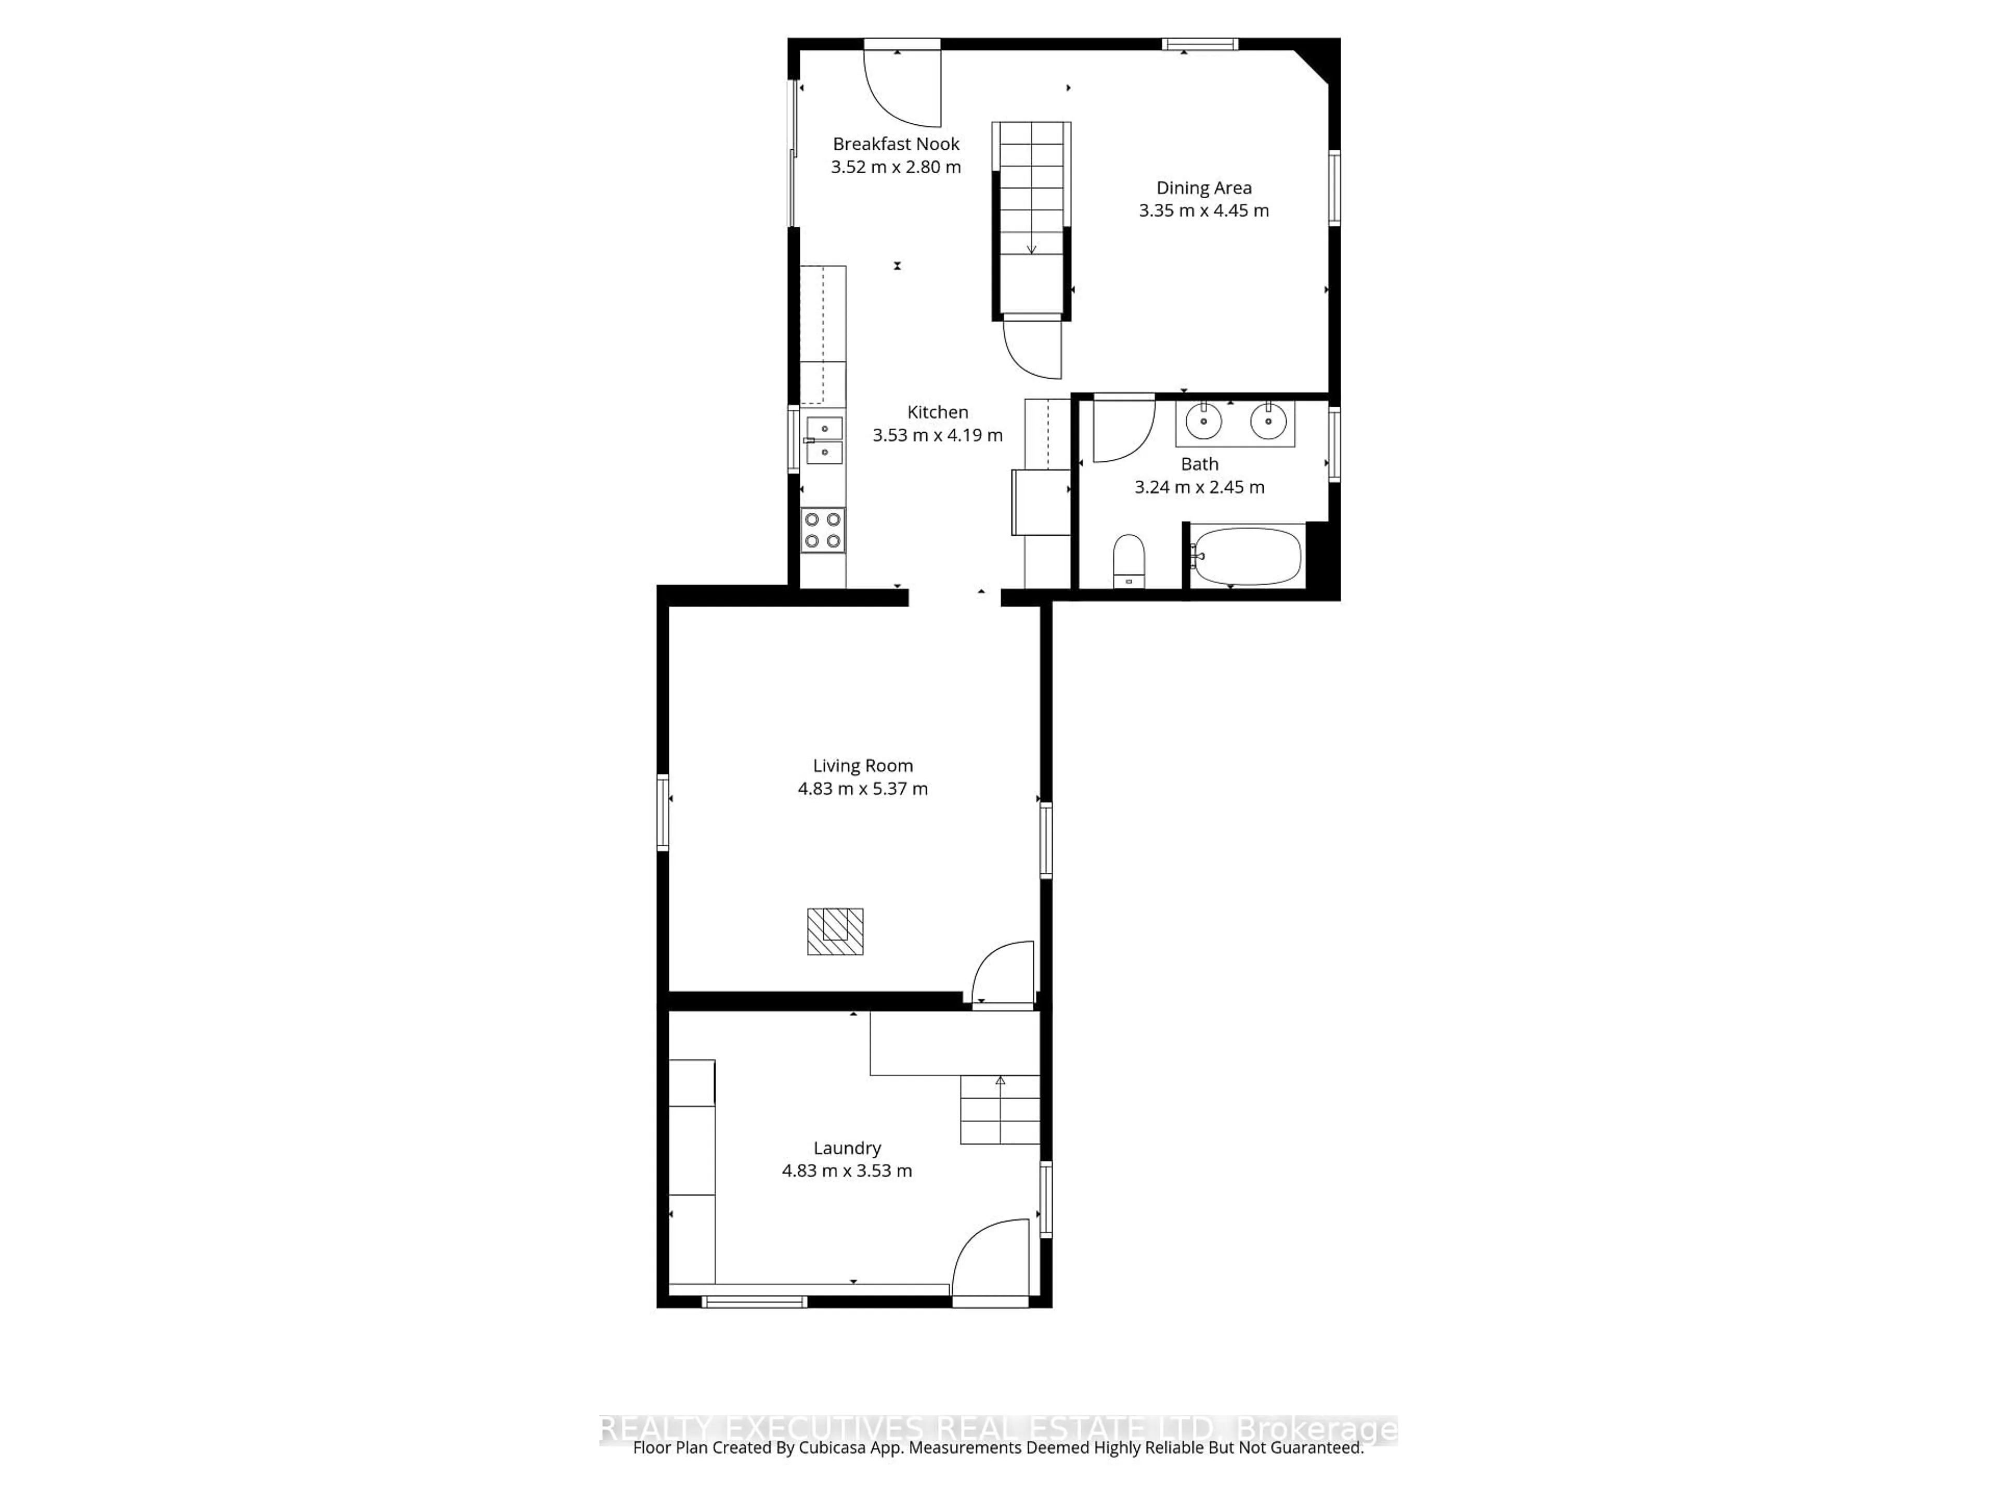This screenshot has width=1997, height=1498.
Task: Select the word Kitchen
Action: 937,412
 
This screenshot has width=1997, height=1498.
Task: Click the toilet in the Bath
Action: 1129,560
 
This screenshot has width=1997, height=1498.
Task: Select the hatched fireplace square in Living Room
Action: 835,931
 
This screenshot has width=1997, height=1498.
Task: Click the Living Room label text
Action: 862,766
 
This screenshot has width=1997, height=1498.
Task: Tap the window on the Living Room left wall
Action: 663,812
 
